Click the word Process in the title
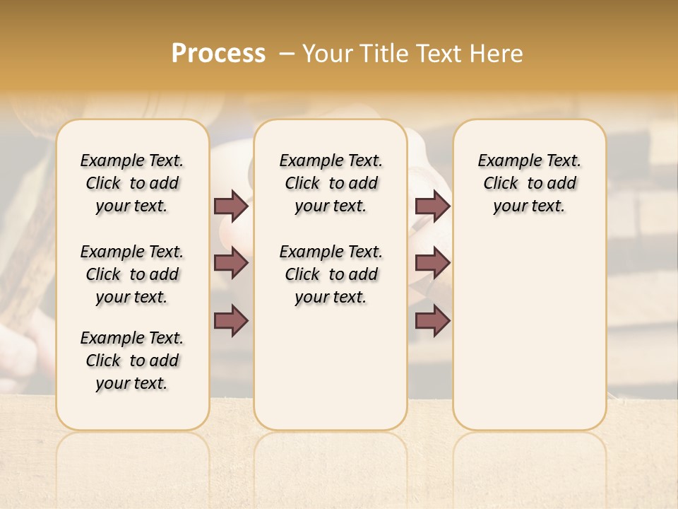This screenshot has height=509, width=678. coord(218,54)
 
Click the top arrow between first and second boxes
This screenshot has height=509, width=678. coord(231,206)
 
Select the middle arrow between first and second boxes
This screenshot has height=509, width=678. coord(231,263)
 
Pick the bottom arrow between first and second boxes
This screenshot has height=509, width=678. coord(231,320)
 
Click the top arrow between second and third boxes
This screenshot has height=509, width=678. coord(432,206)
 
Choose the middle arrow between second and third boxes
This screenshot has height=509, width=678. coord(432,263)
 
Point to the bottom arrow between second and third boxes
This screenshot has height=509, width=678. coord(432,320)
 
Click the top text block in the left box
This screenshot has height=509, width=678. coord(132,183)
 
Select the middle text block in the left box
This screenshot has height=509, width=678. coord(132,274)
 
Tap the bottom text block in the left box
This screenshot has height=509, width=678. coord(132,361)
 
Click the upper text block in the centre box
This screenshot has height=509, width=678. coord(331,183)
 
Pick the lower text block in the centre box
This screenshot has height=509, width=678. coord(331,274)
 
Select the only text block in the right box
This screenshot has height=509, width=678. coord(529,183)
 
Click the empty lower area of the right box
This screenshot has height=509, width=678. coord(529,332)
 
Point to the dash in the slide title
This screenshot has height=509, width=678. coord(287,54)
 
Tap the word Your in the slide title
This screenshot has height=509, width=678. coord(325,54)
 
